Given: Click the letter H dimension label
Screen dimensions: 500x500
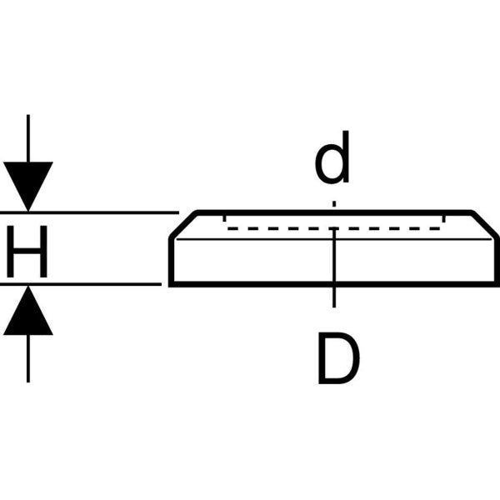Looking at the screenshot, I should [27, 249].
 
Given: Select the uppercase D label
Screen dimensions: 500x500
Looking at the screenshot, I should [338, 359].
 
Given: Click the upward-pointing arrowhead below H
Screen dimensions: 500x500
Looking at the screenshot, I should [28, 312].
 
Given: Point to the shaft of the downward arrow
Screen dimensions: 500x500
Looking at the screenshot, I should [28, 137].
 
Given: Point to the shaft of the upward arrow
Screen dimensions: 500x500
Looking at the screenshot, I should [28, 358].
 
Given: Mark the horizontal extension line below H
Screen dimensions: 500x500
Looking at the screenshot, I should [92, 285].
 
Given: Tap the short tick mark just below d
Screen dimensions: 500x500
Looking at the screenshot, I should [334, 202].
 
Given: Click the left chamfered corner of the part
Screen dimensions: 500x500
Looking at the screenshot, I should [182, 224].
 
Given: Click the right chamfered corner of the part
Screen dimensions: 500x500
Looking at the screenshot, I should [486, 224].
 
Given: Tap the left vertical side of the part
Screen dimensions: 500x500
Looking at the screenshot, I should [170, 262].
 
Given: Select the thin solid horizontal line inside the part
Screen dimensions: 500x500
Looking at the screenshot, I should [250, 239].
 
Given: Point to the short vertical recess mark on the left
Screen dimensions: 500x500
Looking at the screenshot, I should [224, 218].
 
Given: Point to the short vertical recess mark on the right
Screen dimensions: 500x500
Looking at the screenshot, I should [445, 218].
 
